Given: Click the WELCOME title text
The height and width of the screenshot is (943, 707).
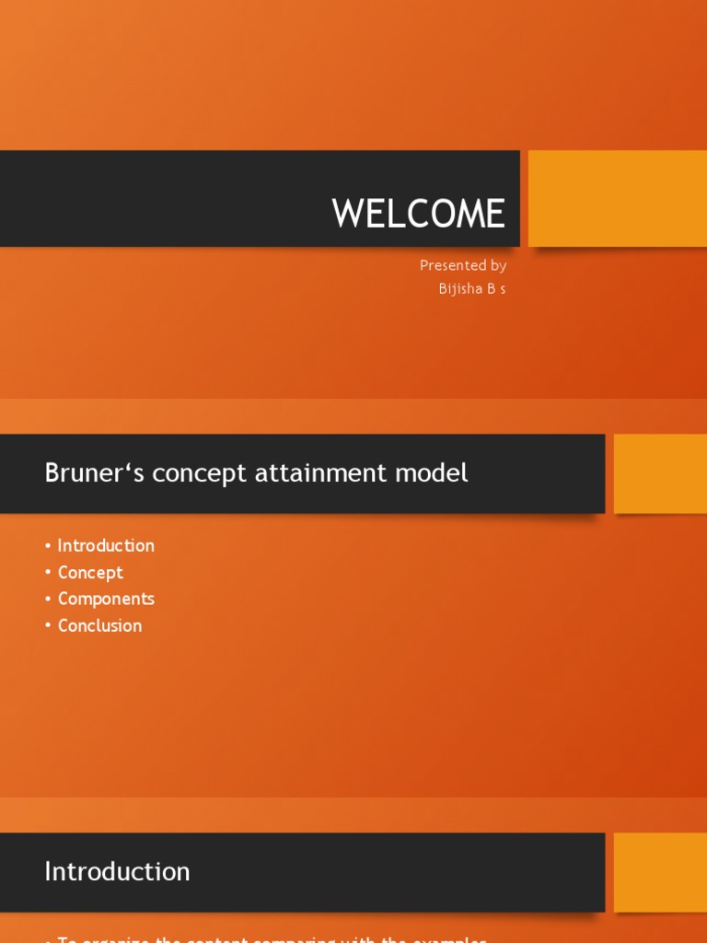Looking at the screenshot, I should click(418, 214).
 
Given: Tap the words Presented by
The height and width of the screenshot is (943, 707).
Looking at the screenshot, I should click(463, 265).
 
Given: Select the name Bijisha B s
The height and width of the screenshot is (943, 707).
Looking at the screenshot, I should click(472, 288).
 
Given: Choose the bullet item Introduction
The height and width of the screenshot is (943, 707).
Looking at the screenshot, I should click(106, 545).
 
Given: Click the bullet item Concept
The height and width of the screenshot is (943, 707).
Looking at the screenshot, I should click(90, 572).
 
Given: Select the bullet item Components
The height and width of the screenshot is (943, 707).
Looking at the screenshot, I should click(106, 599).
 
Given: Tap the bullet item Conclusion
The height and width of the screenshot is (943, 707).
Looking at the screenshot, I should click(99, 625).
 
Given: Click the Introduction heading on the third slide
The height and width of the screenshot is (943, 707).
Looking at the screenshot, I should click(117, 871).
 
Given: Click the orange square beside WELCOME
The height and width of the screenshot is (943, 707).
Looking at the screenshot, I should click(617, 198).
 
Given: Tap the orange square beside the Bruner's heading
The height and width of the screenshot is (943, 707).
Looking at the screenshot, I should click(660, 473).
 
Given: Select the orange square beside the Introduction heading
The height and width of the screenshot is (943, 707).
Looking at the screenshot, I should click(660, 871).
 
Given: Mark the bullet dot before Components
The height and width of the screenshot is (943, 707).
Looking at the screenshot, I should click(48, 600).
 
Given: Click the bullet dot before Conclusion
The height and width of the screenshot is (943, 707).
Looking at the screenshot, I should click(48, 626).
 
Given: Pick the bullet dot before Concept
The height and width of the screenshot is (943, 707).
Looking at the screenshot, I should click(48, 573).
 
